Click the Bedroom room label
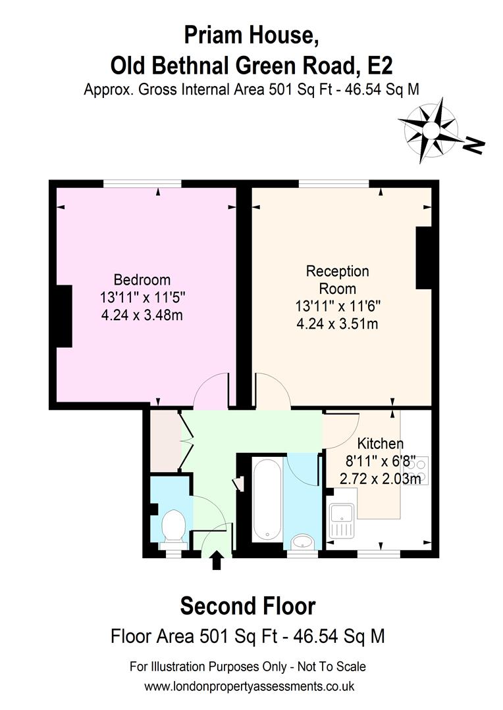pos(142,279)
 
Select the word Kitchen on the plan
pos(380,443)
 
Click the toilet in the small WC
pos(172,525)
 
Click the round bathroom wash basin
pos(303,542)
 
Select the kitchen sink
pos(343,521)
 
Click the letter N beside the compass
pos(473,145)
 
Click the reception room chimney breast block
pos(423,258)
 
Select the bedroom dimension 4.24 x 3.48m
pos(142,314)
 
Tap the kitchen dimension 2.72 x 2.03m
pos(380,479)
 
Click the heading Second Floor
pos(248,605)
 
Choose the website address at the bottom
pos(250,686)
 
